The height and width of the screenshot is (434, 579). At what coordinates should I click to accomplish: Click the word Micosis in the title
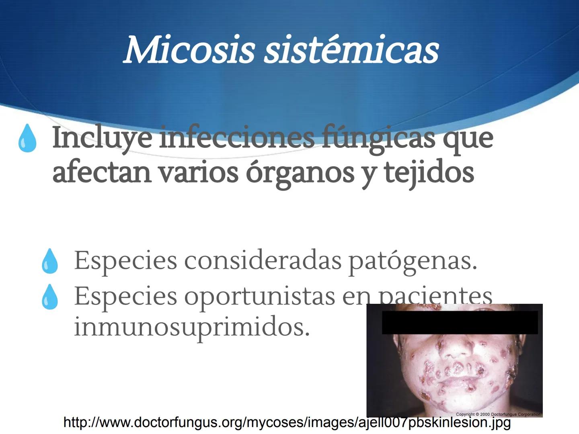pyautogui.click(x=189, y=51)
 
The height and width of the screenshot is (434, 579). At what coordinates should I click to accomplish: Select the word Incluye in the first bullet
pyautogui.click(x=102, y=138)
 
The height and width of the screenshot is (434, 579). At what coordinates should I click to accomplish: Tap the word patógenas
pyautogui.click(x=413, y=261)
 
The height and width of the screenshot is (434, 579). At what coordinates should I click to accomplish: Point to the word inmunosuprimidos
pyautogui.click(x=192, y=327)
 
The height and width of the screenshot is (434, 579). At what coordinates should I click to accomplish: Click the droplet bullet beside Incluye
pyautogui.click(x=27, y=138)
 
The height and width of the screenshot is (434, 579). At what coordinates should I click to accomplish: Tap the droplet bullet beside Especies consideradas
pyautogui.click(x=50, y=261)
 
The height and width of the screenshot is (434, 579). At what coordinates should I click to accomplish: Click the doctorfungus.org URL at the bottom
pyautogui.click(x=287, y=422)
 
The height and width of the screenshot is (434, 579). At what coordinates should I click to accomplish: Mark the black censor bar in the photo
pyautogui.click(x=460, y=322)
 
